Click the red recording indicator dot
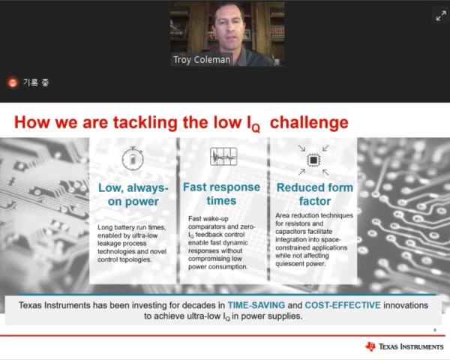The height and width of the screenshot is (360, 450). pos(12,82)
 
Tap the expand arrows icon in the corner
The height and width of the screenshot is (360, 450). pos(441,16)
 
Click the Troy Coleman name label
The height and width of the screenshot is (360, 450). pos(202,60)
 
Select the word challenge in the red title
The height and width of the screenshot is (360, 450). pos(309,122)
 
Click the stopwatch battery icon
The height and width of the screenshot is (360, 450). pos(133,158)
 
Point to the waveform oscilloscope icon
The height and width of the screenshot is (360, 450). pos(223,157)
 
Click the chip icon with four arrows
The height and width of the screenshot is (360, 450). pos(313,160)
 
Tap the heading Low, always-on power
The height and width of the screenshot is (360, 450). pos(133,195)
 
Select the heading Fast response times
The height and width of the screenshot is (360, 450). pos(221,193)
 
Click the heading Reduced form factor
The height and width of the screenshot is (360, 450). pos(315,194)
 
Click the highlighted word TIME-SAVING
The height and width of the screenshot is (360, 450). pos(256,305)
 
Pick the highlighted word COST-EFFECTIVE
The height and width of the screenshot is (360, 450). pos(343,305)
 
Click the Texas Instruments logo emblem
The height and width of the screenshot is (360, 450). pos(370,346)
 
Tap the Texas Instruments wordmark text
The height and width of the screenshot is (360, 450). pos(411,346)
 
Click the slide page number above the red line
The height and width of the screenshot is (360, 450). pos(435,330)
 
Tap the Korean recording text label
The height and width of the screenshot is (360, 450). pos(36,82)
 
